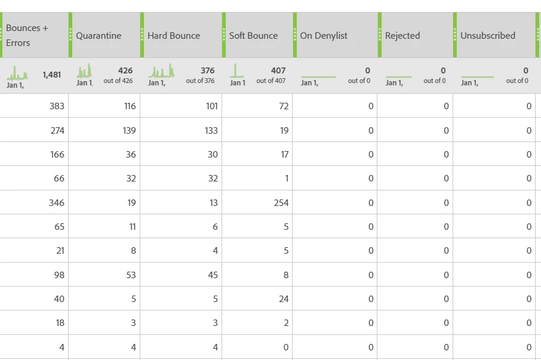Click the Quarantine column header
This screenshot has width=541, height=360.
(99, 36)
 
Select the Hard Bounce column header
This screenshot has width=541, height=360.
(174, 36)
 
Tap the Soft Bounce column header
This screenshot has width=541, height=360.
(253, 36)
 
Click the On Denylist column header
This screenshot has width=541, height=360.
(323, 36)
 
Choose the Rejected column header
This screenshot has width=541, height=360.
(402, 36)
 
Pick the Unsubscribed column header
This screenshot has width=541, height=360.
(487, 36)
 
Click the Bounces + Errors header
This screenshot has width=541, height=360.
(27, 35)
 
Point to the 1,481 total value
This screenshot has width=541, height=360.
(51, 75)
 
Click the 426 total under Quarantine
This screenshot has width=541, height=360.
(125, 70)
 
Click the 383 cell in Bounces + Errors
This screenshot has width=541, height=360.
(57, 106)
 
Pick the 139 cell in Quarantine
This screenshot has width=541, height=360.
(128, 131)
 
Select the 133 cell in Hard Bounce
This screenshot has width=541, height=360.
(211, 131)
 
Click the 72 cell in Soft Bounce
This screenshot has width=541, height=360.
(283, 106)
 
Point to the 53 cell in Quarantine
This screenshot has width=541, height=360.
(131, 275)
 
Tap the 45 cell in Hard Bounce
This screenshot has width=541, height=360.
(212, 275)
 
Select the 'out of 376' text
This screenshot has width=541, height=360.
(200, 81)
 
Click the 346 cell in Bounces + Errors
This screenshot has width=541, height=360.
(57, 203)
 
